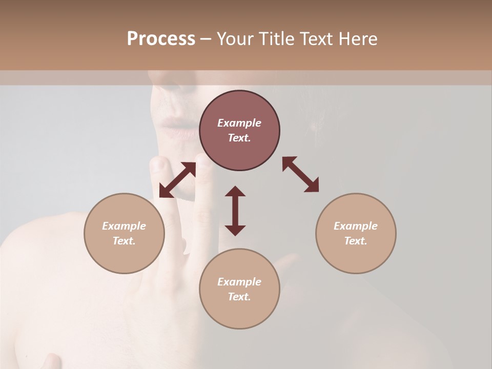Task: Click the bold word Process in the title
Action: click(161, 39)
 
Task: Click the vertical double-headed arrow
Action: click(235, 211)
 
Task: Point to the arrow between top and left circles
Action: click(177, 180)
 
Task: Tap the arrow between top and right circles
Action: click(301, 174)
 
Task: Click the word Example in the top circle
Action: click(239, 123)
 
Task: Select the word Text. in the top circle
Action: click(239, 138)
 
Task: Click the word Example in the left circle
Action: click(124, 226)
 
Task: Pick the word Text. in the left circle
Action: click(124, 241)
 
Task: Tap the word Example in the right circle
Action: click(356, 226)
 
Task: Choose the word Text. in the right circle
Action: click(356, 241)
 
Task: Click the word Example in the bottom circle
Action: click(239, 282)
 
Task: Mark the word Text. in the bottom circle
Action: click(239, 297)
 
